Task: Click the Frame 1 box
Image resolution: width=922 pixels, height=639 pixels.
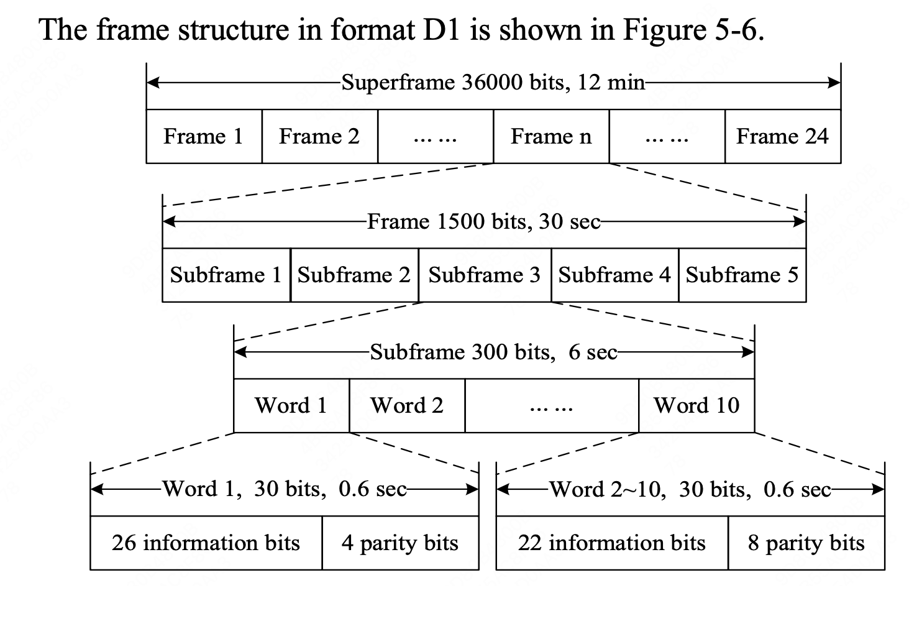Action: pyautogui.click(x=204, y=136)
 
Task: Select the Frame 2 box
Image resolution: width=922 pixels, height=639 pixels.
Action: pyautogui.click(x=319, y=136)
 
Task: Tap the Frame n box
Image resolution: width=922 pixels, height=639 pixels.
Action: pyautogui.click(x=551, y=136)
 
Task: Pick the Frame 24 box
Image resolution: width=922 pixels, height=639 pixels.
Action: pyautogui.click(x=782, y=136)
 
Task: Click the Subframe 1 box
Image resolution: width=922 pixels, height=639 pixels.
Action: pyautogui.click(x=226, y=275)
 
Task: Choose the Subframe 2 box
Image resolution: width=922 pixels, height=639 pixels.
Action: pyautogui.click(x=354, y=275)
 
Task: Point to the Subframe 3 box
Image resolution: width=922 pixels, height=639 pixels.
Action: pyautogui.click(x=485, y=275)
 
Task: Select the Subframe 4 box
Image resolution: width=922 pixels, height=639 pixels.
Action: pyautogui.click(x=614, y=275)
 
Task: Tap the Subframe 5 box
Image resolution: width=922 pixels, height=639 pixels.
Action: pyautogui.click(x=742, y=275)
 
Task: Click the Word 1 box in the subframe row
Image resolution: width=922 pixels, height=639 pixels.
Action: pyautogui.click(x=291, y=405)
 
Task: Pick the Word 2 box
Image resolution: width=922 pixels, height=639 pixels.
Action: pyautogui.click(x=407, y=405)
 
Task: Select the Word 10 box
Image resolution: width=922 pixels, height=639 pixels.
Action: pyautogui.click(x=696, y=405)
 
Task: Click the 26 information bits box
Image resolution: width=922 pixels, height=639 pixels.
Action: pyautogui.click(x=206, y=543)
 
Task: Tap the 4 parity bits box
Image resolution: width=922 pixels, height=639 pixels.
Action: pyautogui.click(x=400, y=543)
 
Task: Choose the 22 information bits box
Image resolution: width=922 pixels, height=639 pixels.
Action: pyautogui.click(x=612, y=543)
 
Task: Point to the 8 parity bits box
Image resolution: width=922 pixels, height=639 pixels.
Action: pyautogui.click(x=806, y=543)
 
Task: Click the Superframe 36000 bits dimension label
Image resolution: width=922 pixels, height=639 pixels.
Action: pyautogui.click(x=493, y=82)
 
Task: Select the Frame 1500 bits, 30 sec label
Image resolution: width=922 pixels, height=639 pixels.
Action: pyautogui.click(x=484, y=221)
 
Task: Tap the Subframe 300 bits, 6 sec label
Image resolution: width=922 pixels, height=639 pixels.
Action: pyautogui.click(x=494, y=352)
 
